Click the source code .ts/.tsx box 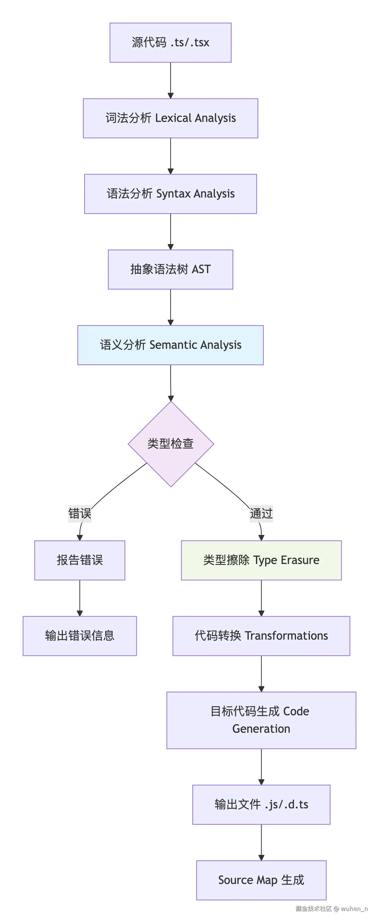tap(170, 43)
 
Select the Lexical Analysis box tap(170, 118)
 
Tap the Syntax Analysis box tap(170, 194)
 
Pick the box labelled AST tap(170, 270)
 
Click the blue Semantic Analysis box tap(170, 345)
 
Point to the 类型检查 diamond tap(171, 444)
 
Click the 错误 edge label tap(80, 513)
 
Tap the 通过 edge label tap(261, 513)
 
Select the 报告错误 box tap(80, 560)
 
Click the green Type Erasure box tap(261, 560)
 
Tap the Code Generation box tap(261, 720)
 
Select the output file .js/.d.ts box tap(261, 804)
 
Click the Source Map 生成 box tap(261, 880)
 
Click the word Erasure tap(300, 560)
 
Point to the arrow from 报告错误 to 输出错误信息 tap(80, 598)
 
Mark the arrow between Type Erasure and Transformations tap(261, 598)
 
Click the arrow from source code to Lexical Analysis tap(170, 80)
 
